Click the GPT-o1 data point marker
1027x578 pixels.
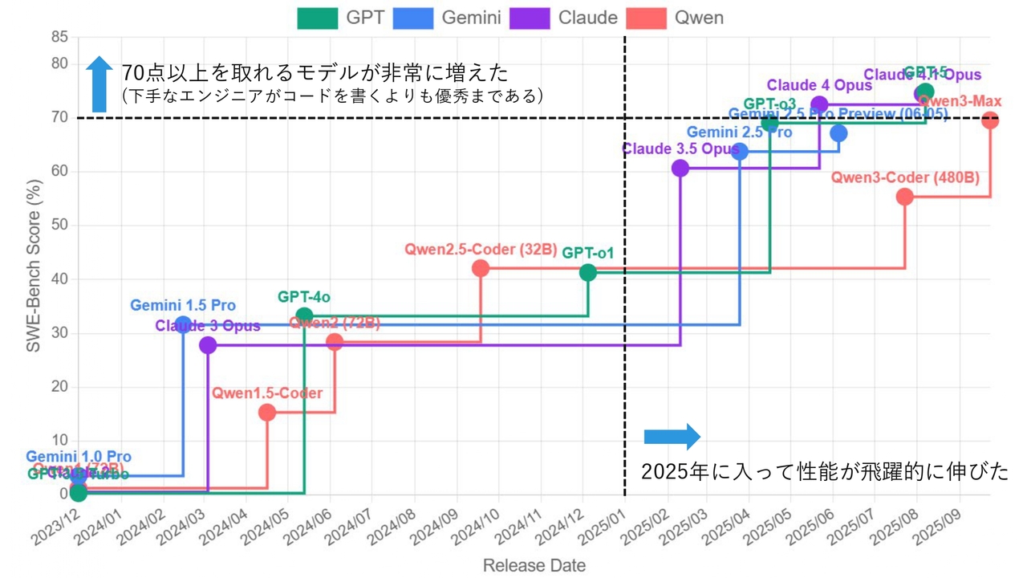tap(588, 272)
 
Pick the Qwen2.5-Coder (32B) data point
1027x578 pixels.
tap(481, 268)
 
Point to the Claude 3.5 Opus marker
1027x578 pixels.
tap(680, 168)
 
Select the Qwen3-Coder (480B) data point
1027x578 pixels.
tap(905, 197)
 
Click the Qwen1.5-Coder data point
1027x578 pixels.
tap(267, 413)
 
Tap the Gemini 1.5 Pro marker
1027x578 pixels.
tap(183, 324)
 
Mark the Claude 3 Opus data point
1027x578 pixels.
tap(208, 345)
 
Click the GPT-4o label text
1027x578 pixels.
tap(304, 297)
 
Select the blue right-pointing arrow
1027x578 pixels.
tap(672, 437)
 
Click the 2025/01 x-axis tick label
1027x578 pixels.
tap(603, 527)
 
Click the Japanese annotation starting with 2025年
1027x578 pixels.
tap(824, 472)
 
